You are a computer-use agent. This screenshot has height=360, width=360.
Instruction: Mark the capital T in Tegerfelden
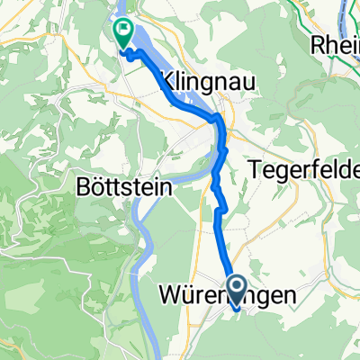click(x=253, y=168)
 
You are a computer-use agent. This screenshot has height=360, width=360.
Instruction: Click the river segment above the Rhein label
click(x=346, y=13)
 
